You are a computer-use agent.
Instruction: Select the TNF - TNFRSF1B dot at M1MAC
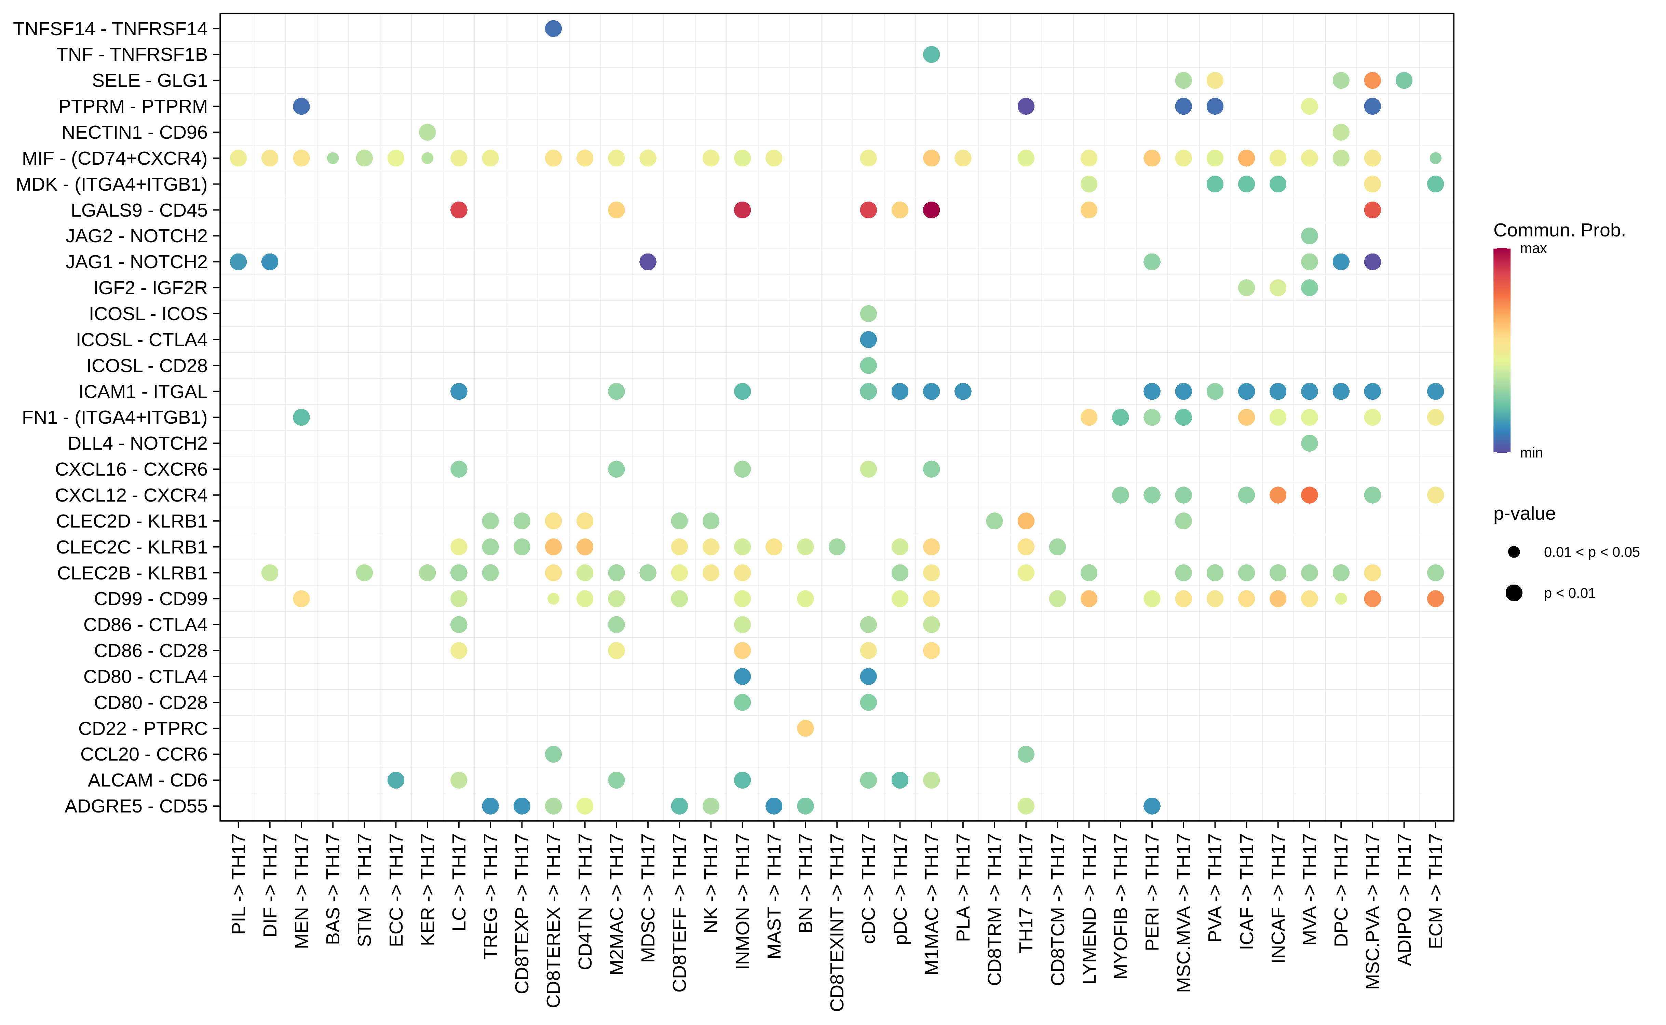point(931,54)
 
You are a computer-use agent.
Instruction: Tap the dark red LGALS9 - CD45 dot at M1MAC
point(931,210)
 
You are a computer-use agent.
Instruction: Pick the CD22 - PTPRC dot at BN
point(805,728)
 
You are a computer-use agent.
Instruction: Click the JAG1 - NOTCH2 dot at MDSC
point(648,262)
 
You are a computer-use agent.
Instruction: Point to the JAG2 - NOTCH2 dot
point(1309,236)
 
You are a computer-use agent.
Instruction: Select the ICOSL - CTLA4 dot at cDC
point(868,340)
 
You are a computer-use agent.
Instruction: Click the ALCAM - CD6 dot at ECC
point(396,780)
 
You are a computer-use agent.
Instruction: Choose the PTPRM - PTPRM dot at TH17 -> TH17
point(1026,107)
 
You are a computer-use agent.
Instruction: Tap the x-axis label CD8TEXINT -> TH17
point(837,922)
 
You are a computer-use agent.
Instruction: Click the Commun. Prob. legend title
point(1559,231)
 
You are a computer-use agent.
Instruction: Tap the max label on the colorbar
point(1533,249)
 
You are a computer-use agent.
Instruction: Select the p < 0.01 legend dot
point(1514,593)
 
